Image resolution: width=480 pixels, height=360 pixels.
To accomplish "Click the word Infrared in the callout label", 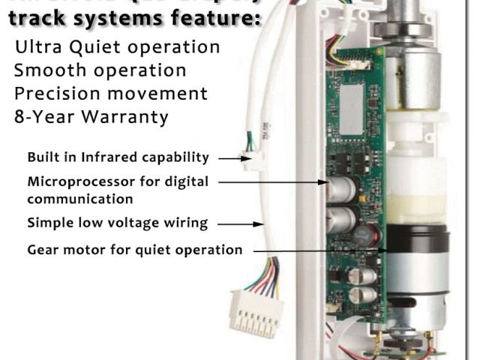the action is (x=109, y=157).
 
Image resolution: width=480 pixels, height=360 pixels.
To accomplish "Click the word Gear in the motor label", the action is (x=44, y=249).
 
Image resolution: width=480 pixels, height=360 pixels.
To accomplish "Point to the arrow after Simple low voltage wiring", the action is (x=237, y=223).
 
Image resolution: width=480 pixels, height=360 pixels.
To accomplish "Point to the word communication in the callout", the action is (x=80, y=199).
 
